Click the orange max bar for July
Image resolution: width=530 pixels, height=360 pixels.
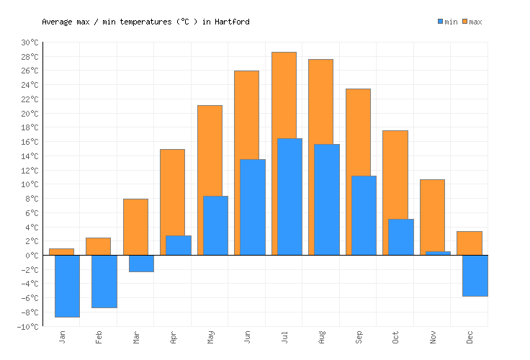(x=283, y=94)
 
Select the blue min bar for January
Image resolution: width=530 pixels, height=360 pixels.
(x=67, y=286)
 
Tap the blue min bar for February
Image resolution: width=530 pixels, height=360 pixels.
(x=104, y=282)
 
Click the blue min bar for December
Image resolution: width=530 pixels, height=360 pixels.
(x=475, y=276)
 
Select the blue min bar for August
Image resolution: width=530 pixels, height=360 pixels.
(x=326, y=199)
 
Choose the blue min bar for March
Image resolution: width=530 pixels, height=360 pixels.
(x=141, y=264)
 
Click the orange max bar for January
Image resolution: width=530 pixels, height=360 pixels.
(x=61, y=251)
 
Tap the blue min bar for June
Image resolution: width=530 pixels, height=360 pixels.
(x=252, y=207)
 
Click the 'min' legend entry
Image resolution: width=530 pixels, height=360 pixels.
(x=447, y=22)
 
